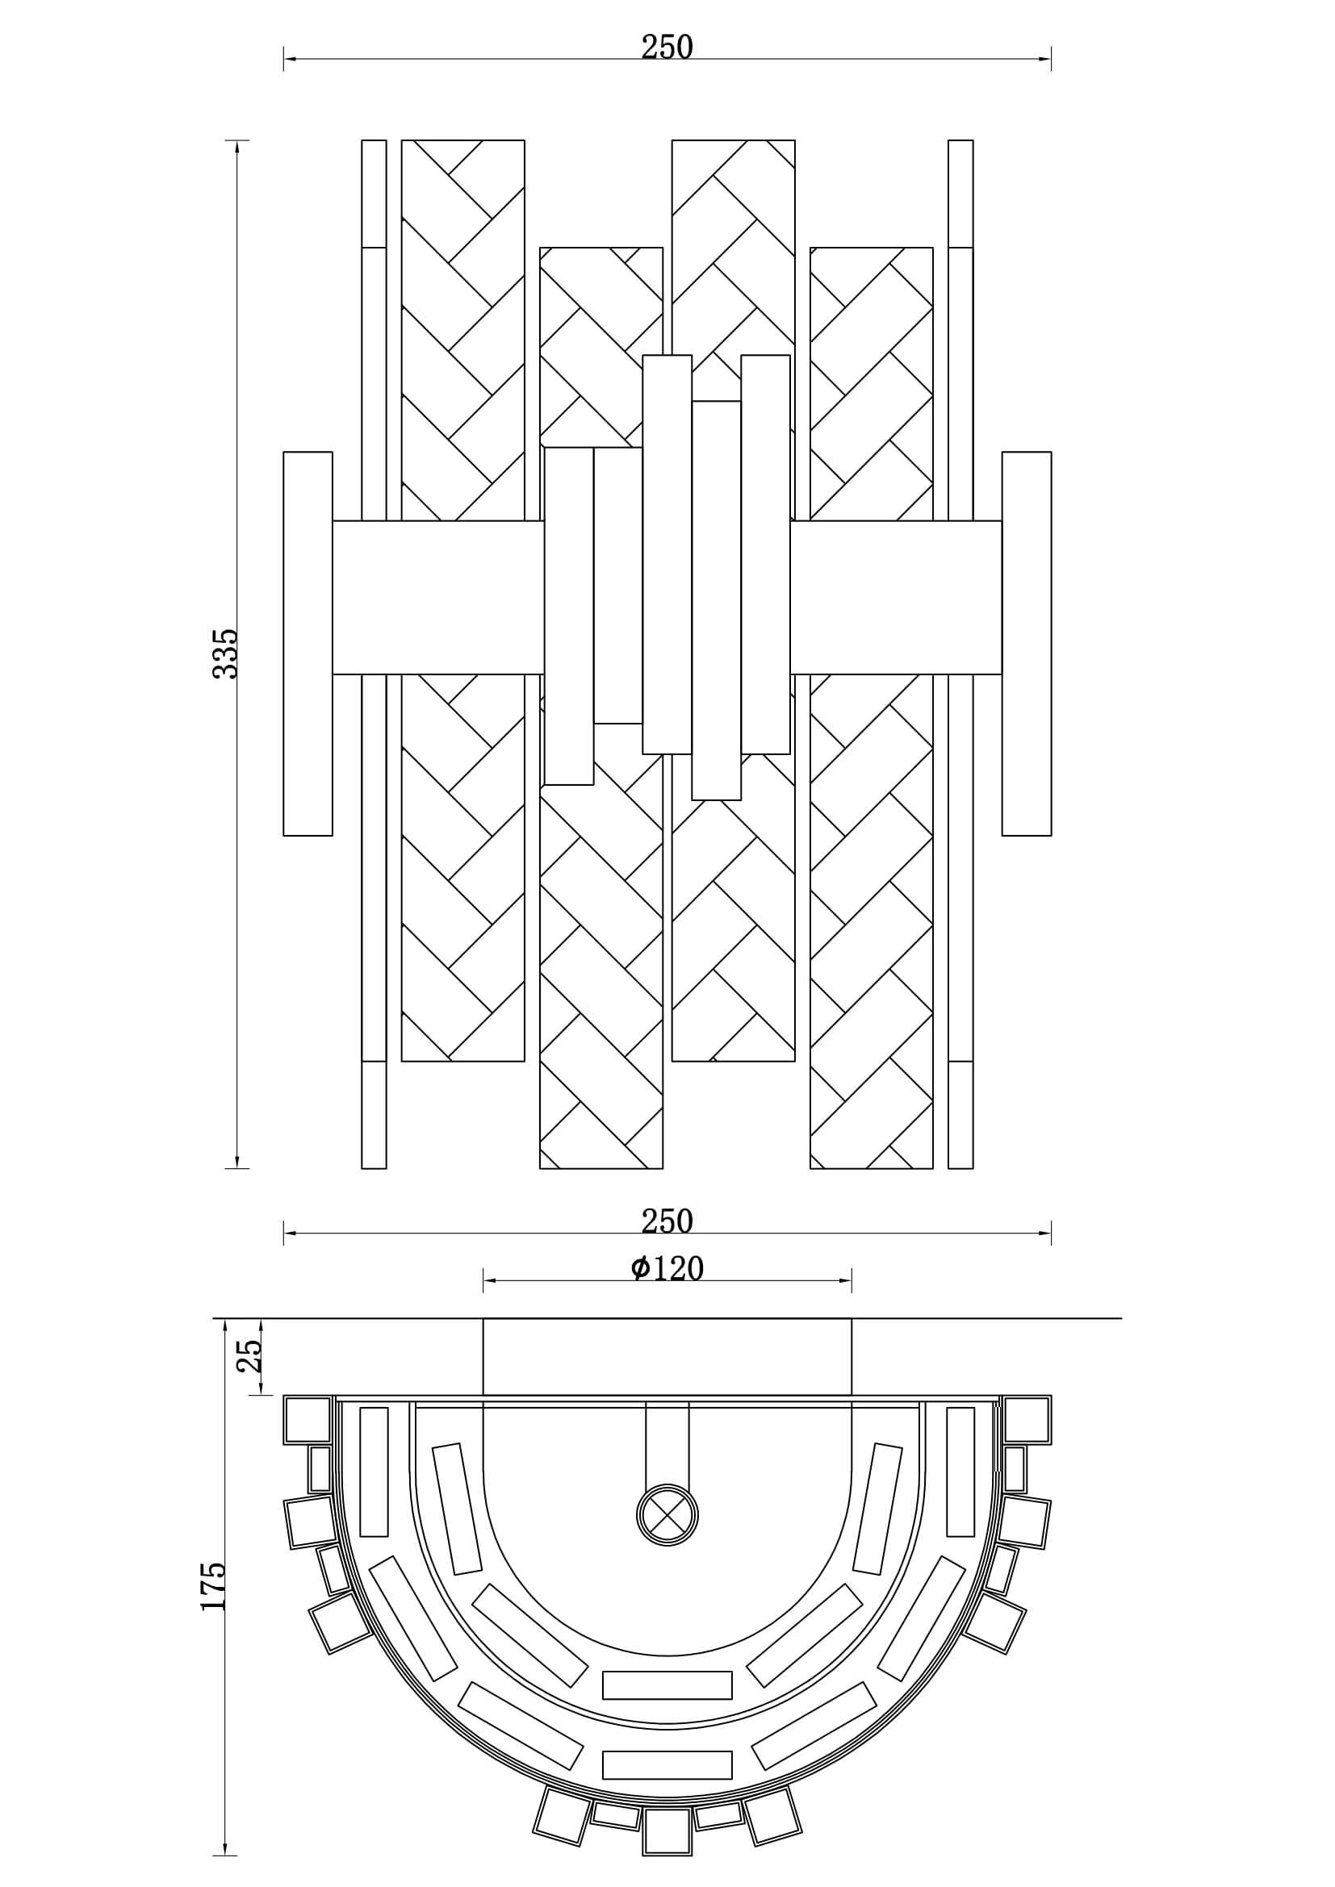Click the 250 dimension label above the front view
click(667, 48)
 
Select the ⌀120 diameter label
click(667, 1269)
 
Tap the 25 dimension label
click(249, 1355)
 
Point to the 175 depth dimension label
click(214, 1586)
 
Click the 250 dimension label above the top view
click(667, 1221)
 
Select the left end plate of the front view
click(308, 644)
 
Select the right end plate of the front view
click(1026, 644)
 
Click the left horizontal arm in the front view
click(437, 598)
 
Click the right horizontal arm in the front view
click(896, 598)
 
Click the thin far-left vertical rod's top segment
click(374, 193)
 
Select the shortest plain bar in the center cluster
click(618, 585)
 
